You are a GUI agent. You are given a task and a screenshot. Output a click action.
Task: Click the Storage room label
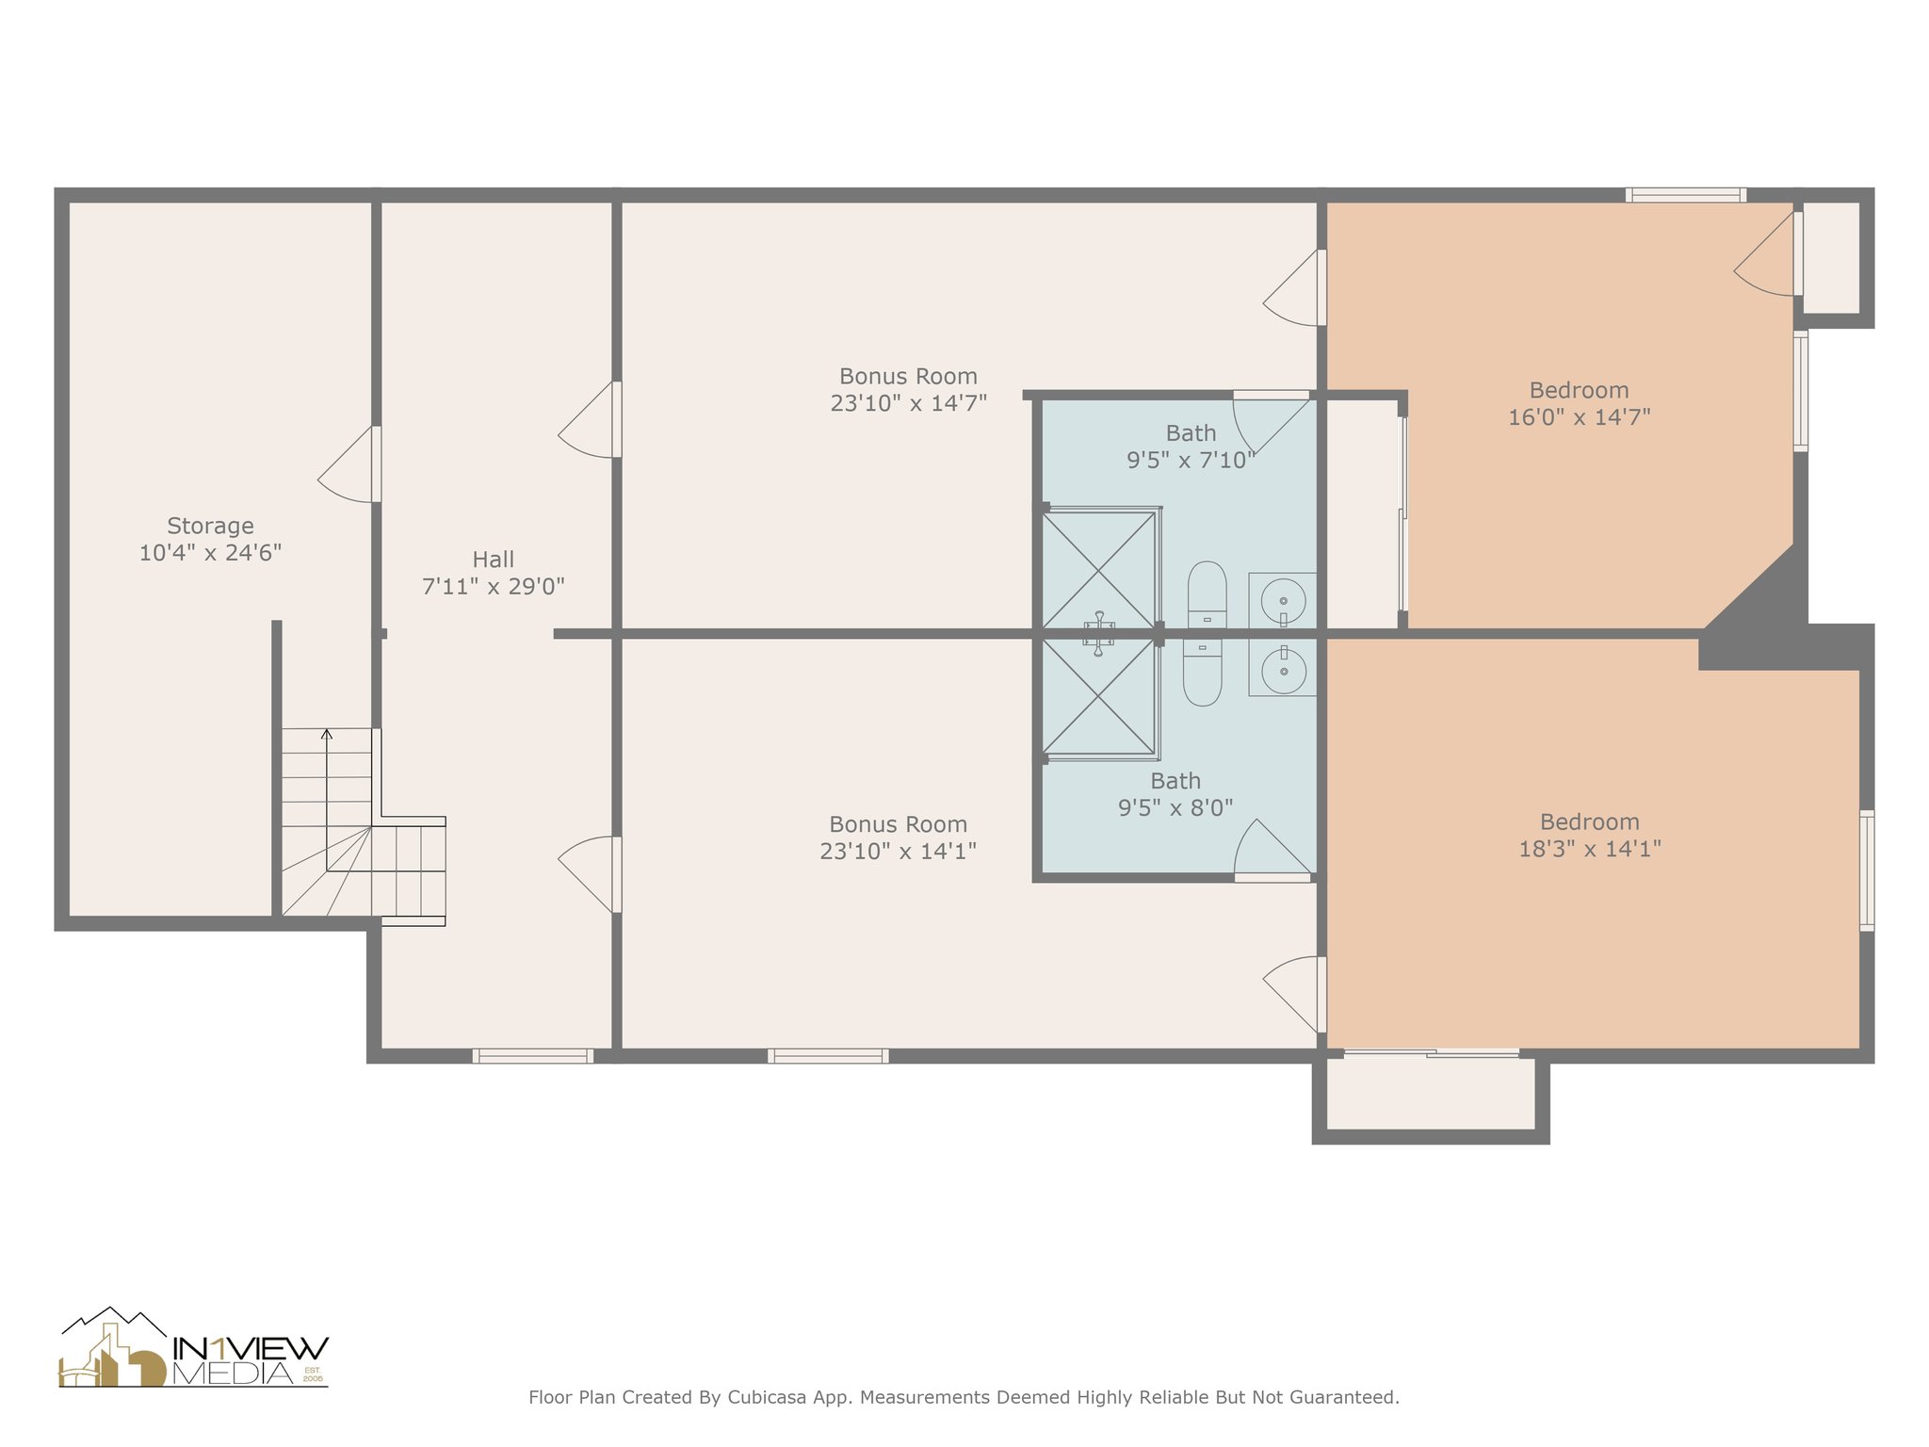click(210, 526)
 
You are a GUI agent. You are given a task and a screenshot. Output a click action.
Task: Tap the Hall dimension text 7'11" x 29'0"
click(493, 587)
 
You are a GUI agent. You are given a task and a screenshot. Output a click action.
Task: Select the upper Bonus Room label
click(908, 377)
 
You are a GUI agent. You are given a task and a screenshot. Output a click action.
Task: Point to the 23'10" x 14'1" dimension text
click(898, 852)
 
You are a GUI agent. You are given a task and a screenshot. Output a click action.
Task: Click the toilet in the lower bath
click(1202, 673)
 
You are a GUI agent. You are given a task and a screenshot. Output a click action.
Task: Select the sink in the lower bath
click(1283, 670)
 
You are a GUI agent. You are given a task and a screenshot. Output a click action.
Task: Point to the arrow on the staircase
click(327, 734)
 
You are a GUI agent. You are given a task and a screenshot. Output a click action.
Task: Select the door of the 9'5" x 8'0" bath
click(1272, 848)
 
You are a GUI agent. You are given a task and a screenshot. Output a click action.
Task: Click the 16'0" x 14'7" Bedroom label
click(1579, 390)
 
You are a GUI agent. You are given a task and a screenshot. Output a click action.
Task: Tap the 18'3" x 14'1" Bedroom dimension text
click(1589, 849)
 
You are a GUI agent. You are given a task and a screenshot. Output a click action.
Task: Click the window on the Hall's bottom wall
click(532, 1056)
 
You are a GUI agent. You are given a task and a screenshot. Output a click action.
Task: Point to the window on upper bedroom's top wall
click(1685, 195)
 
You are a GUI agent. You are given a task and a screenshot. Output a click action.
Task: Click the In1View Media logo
click(193, 1349)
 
